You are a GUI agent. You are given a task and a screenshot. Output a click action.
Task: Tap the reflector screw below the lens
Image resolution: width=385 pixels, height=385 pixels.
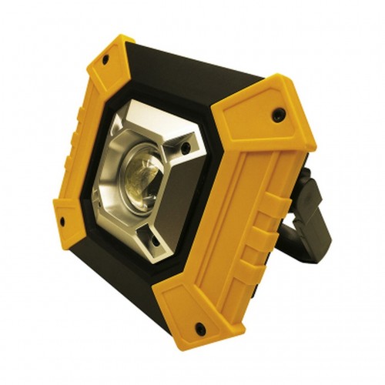tap(154, 241)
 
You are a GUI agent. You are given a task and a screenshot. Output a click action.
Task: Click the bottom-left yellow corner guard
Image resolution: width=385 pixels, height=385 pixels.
tap(69, 223)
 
